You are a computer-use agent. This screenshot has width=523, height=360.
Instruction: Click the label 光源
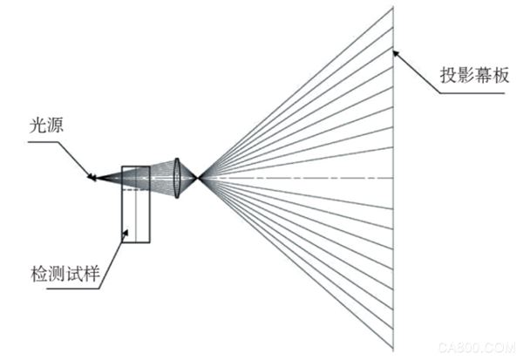(46, 126)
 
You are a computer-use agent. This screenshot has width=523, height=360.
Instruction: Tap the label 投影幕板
(474, 75)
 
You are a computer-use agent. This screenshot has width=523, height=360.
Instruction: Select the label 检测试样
(65, 274)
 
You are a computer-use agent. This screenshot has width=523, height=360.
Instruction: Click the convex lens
(177, 178)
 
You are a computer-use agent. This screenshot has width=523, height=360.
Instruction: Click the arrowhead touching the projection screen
(397, 54)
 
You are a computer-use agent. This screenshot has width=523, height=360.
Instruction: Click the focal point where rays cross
(199, 178)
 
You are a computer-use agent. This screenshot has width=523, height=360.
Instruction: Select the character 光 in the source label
(37, 126)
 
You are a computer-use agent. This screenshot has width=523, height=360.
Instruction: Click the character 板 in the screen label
(501, 75)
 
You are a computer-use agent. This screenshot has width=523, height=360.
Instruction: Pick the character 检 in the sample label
(39, 274)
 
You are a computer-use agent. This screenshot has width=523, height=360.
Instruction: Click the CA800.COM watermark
(478, 348)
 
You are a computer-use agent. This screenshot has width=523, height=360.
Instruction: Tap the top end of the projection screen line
(393, 7)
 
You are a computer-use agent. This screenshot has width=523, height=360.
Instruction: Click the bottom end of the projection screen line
(393, 350)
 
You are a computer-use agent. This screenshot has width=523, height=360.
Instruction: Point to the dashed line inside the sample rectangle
(136, 189)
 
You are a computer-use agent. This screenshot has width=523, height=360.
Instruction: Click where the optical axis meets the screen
(393, 178)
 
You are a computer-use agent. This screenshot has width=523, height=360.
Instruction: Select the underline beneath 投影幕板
(472, 93)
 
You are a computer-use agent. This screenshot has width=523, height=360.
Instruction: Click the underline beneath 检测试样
(73, 289)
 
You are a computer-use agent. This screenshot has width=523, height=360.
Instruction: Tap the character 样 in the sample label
(92, 274)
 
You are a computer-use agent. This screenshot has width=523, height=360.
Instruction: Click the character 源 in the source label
(55, 126)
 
